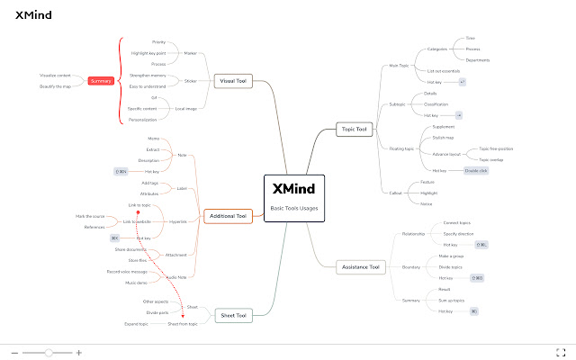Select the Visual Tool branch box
(x=236, y=82)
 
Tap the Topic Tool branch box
(x=355, y=130)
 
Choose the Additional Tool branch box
(x=227, y=216)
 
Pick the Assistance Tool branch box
(x=362, y=267)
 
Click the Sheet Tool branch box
(x=235, y=314)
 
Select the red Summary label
(x=102, y=81)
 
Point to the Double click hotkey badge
(x=476, y=169)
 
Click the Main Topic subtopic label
(x=399, y=66)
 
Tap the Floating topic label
(x=402, y=148)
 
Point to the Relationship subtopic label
(x=413, y=233)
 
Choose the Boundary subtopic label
(x=411, y=267)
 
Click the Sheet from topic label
(x=183, y=323)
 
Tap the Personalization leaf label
(x=142, y=119)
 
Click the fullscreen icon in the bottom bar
(x=560, y=352)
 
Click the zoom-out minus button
(x=14, y=352)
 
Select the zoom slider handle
(x=48, y=352)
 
